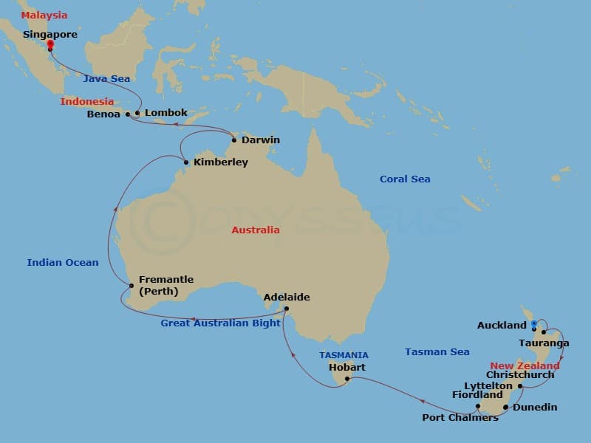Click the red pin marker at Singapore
click(50, 45)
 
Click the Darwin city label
click(261, 140)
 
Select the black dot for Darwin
click(234, 140)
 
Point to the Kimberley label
click(220, 162)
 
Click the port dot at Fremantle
click(131, 286)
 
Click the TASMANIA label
click(344, 355)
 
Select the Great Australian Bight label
click(221, 323)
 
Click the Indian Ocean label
click(63, 262)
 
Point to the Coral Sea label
click(405, 179)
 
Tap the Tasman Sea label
click(437, 352)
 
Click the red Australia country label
click(256, 230)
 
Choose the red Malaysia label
click(44, 15)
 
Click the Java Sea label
click(107, 78)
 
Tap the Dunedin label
click(536, 407)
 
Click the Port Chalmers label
click(460, 418)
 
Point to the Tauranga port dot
click(543, 332)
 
